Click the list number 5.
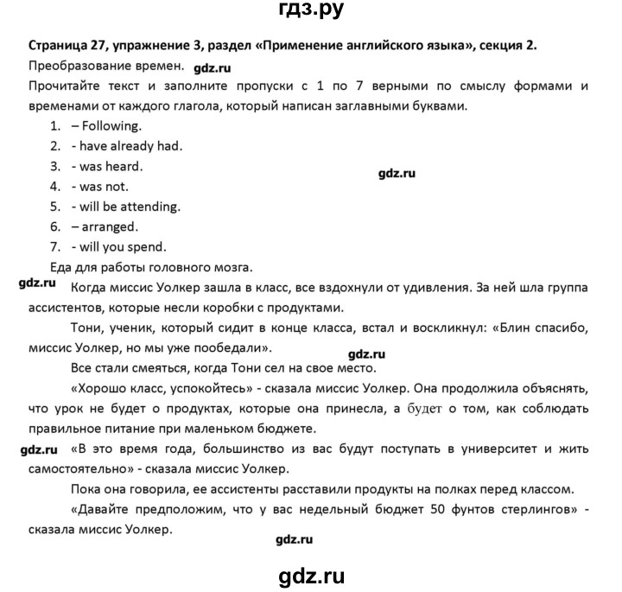pos(54,206)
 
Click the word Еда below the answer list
pos(40,267)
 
